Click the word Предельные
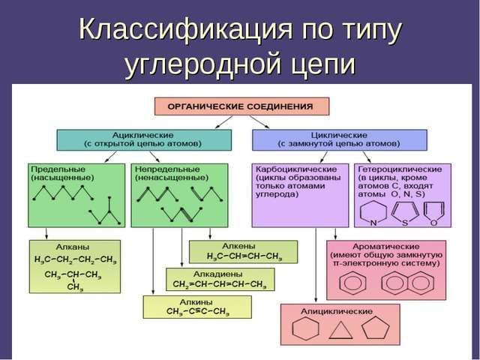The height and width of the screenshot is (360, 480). [x=53, y=169]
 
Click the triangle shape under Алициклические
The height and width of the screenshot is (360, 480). [x=341, y=331]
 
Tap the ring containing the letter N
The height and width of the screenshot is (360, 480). [x=375, y=211]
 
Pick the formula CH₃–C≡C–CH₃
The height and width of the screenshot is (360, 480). [x=197, y=311]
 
